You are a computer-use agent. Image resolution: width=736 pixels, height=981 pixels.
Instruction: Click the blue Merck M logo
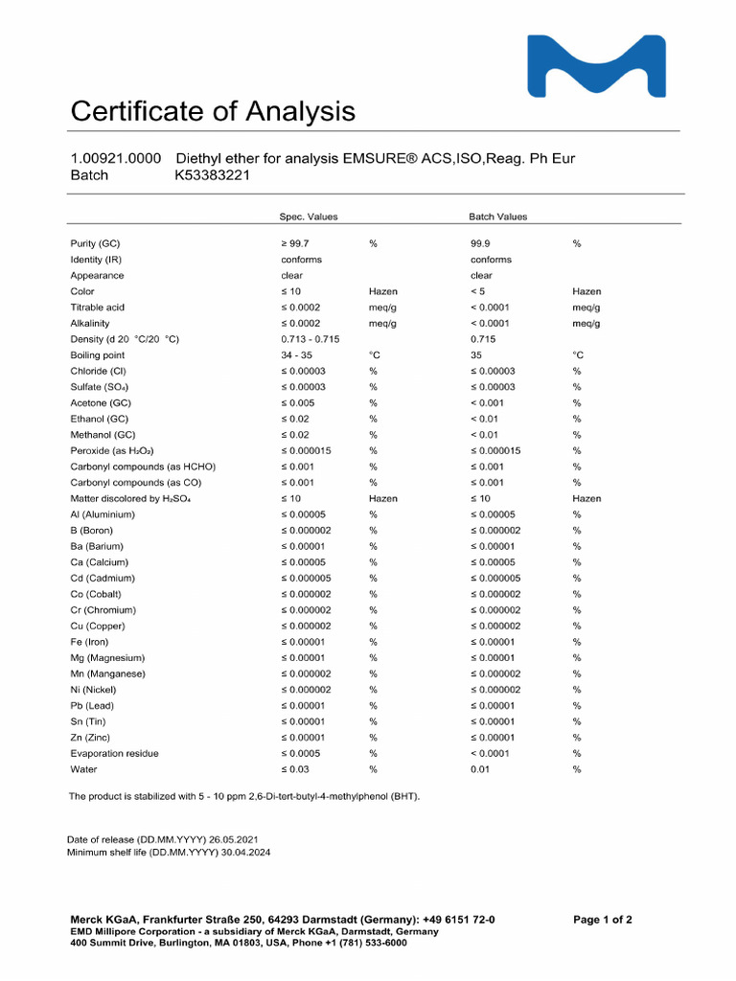597,66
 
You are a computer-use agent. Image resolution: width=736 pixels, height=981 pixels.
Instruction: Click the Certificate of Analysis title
213,112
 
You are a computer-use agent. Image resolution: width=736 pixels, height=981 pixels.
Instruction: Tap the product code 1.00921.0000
116,158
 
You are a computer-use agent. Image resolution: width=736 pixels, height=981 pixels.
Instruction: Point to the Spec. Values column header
309,217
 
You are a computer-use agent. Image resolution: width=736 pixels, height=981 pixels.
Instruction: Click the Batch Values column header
498,217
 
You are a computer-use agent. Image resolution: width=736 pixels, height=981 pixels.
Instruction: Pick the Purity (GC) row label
96,243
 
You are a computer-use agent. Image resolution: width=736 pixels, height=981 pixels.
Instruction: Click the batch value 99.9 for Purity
481,243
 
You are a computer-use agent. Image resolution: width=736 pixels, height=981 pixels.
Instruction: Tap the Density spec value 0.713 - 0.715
310,339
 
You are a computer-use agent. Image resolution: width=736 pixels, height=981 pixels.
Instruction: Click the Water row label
83,769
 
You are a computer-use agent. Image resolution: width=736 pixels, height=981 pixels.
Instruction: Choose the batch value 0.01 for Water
480,769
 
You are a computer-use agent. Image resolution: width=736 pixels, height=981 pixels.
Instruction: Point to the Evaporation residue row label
115,753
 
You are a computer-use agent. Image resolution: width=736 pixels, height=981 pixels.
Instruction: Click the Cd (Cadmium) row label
103,578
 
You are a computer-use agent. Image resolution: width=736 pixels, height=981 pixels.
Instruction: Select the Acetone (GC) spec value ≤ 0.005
298,402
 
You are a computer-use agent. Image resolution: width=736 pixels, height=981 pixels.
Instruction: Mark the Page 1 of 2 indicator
603,920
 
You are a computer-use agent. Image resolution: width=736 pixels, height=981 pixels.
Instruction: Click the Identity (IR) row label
96,260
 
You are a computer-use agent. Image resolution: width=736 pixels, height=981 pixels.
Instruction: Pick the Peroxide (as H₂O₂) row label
112,450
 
